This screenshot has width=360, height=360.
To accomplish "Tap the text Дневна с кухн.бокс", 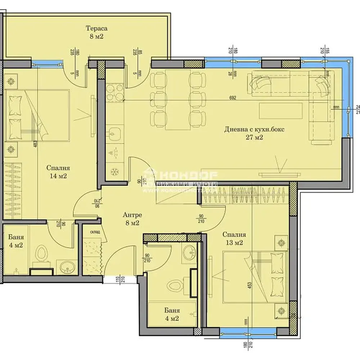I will pyautogui.click(x=254, y=129).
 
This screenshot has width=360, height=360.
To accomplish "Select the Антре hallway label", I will pyautogui.click(x=132, y=215).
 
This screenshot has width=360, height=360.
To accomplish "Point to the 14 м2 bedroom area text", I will pyautogui.click(x=58, y=176).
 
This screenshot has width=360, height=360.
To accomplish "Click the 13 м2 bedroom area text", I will pyautogui.click(x=234, y=243).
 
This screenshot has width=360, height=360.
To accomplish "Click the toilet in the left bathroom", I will pyautogui.click(x=42, y=253).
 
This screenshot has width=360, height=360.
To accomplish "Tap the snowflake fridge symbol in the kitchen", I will pyautogui.click(x=115, y=172).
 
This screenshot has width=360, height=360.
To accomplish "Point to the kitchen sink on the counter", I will pyautogui.click(x=114, y=134).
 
